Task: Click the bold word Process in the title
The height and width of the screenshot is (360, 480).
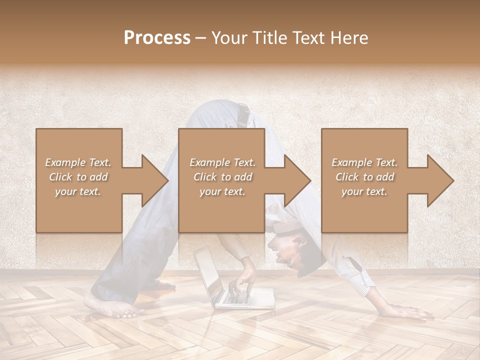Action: pyautogui.click(x=157, y=38)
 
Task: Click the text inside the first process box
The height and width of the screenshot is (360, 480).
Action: pyautogui.click(x=78, y=177)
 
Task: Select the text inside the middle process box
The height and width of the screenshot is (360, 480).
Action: pyautogui.click(x=222, y=177)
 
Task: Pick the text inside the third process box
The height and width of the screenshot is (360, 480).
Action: pyautogui.click(x=364, y=177)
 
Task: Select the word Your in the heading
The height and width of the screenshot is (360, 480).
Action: pyautogui.click(x=229, y=38)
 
